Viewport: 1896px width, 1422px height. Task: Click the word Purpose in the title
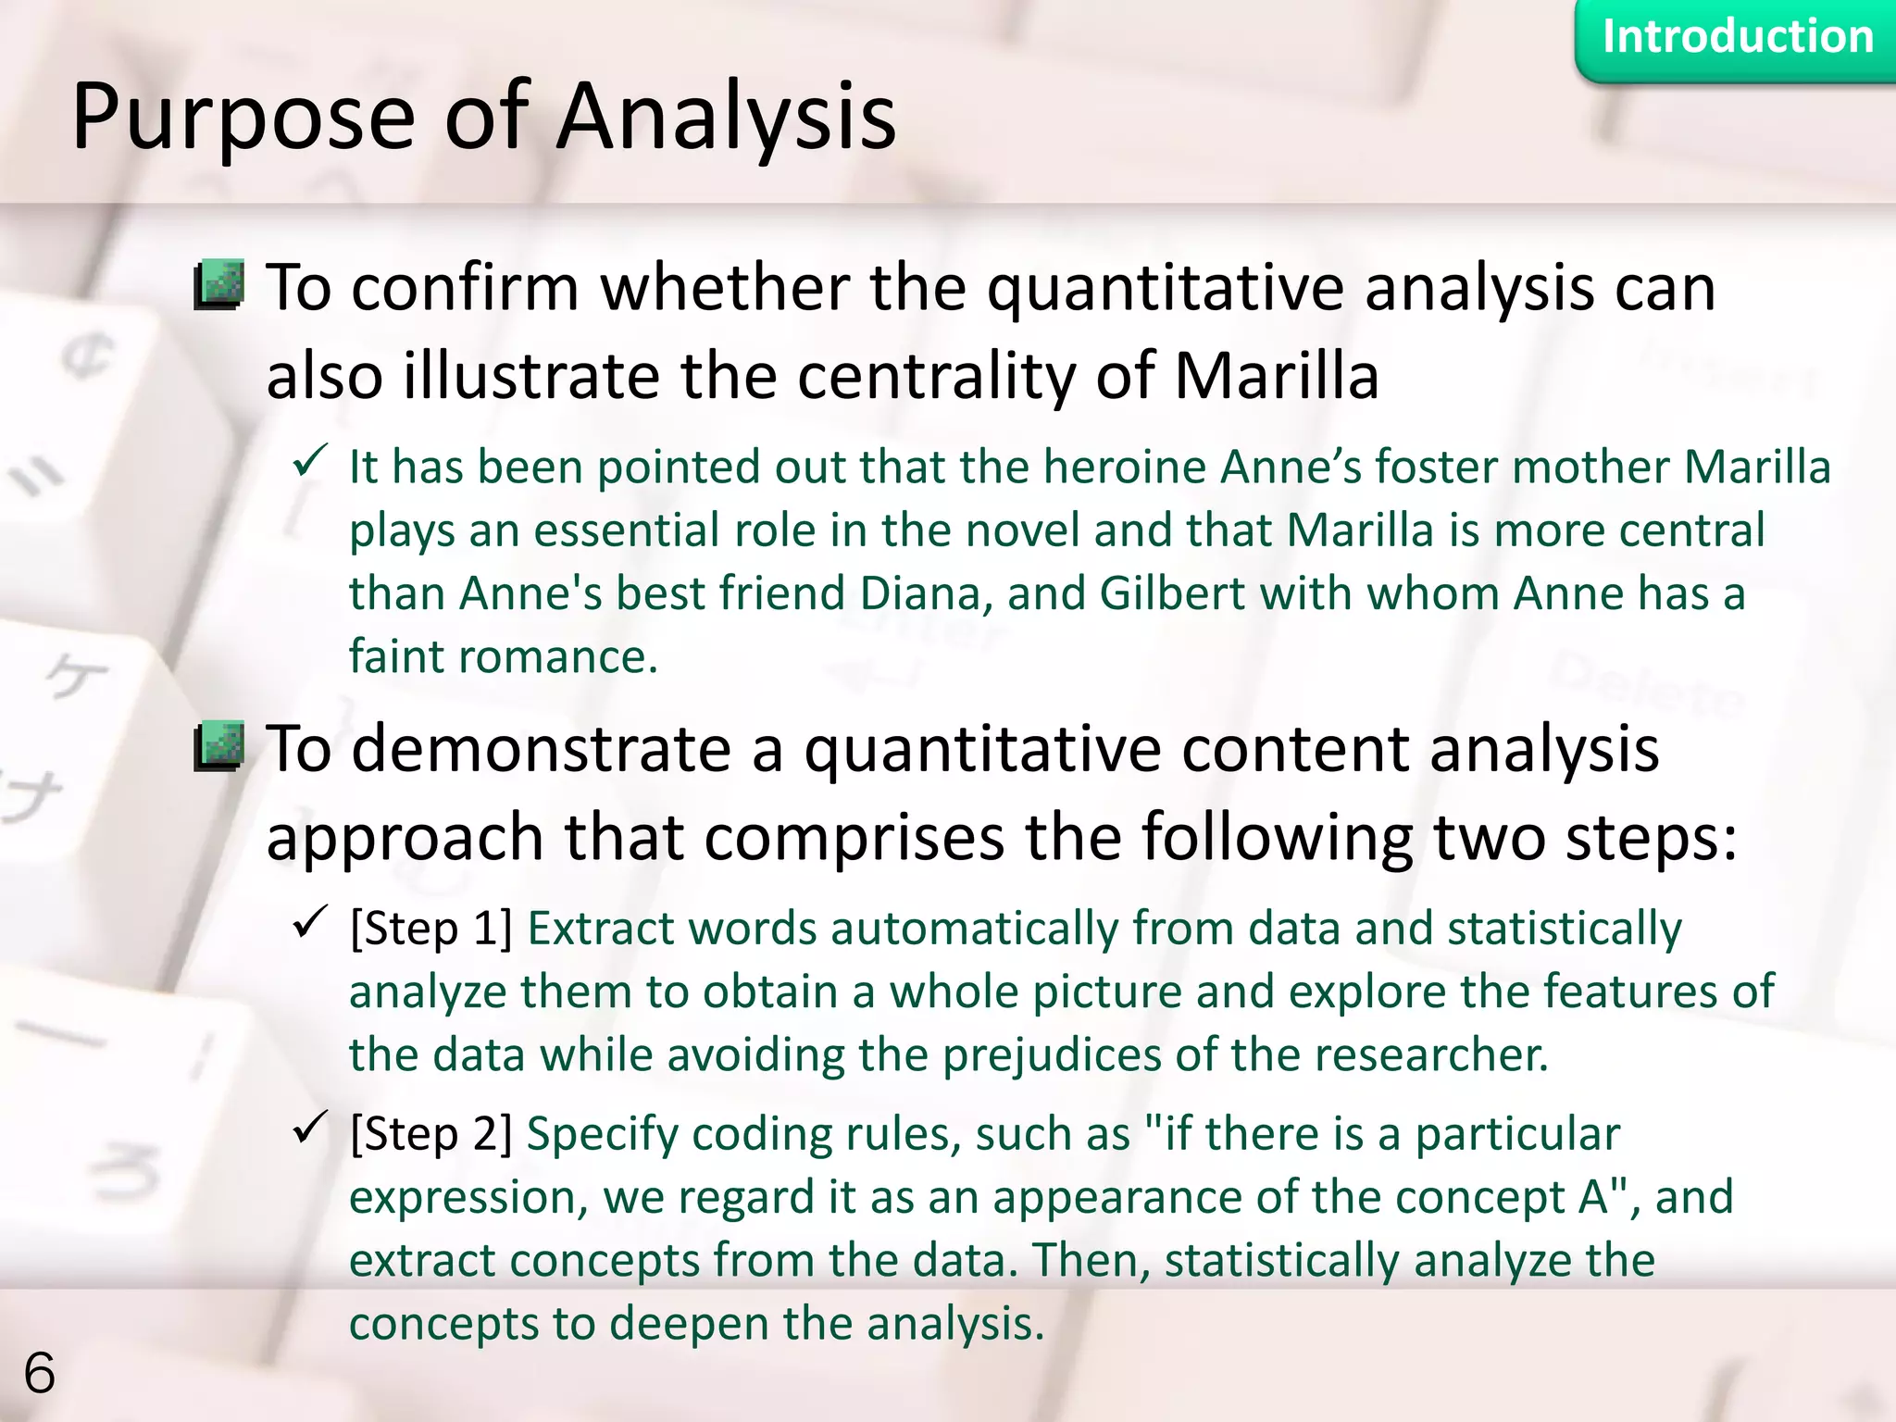click(243, 118)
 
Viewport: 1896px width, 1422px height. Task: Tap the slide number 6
click(39, 1372)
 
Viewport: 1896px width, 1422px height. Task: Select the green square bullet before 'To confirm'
click(219, 284)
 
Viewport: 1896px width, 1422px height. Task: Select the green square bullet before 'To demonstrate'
click(219, 746)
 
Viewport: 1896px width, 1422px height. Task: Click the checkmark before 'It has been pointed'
click(310, 461)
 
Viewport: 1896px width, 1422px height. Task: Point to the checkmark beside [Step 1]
click(310, 922)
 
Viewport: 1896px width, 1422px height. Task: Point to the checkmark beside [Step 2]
click(310, 1128)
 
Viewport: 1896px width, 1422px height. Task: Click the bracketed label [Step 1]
click(431, 929)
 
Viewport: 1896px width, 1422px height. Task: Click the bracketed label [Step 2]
click(431, 1134)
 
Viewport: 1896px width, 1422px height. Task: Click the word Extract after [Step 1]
click(599, 929)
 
